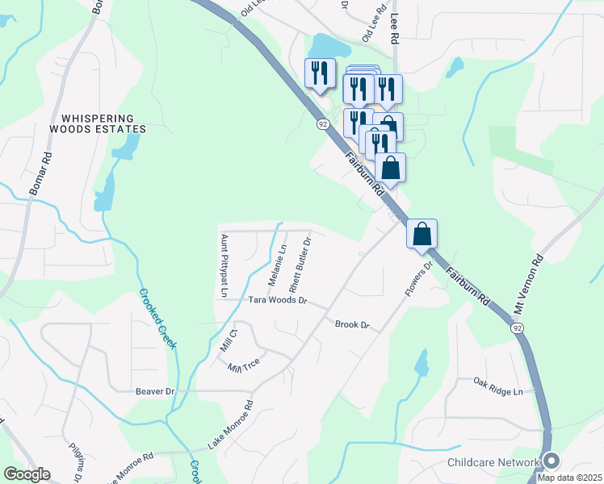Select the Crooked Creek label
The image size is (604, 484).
click(x=160, y=319)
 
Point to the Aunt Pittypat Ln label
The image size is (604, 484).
click(x=225, y=266)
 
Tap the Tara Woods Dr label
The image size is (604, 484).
click(x=278, y=300)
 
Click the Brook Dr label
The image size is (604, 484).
click(x=352, y=324)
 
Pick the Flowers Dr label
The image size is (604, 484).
click(x=416, y=277)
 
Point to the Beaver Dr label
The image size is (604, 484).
click(x=155, y=391)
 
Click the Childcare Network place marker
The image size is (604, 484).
click(x=552, y=461)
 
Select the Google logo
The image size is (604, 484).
click(x=27, y=474)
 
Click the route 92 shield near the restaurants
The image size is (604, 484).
click(x=323, y=123)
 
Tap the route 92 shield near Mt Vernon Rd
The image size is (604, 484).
click(x=517, y=328)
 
